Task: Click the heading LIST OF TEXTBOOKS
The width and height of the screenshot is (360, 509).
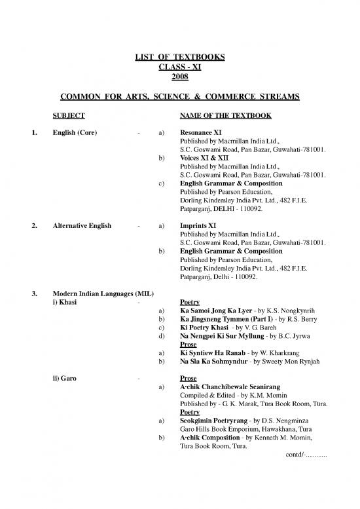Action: (x=178, y=58)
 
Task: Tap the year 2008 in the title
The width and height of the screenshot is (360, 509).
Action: (x=178, y=77)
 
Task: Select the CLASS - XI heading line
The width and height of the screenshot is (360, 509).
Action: (x=178, y=67)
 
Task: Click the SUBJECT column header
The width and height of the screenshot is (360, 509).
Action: (x=69, y=115)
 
